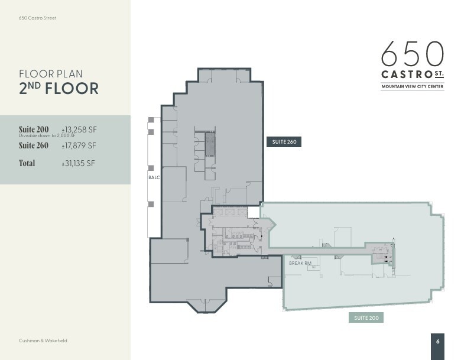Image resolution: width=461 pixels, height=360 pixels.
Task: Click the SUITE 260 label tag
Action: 284,142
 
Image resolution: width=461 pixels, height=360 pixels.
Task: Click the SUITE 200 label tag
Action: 366,318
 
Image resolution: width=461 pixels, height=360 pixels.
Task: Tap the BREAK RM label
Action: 300,263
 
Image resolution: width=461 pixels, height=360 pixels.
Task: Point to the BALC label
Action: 154,177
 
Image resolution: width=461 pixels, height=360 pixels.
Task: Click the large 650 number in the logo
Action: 412,54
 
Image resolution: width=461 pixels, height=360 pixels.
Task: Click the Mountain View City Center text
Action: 412,87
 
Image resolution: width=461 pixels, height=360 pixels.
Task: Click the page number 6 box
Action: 437,341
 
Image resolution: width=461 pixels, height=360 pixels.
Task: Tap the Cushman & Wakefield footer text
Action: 43,340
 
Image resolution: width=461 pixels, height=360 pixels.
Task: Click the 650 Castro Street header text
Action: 38,18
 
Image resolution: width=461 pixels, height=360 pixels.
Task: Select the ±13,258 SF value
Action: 79,129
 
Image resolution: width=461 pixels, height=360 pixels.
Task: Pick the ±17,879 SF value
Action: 79,145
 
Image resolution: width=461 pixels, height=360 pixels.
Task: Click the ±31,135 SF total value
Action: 79,164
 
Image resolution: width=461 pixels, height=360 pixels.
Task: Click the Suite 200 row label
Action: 34,129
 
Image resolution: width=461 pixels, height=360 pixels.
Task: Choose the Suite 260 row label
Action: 34,145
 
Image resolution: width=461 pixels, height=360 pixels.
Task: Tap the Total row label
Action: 27,163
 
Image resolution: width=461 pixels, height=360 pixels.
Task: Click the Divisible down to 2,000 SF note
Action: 47,136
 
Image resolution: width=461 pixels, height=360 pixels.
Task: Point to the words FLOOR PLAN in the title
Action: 51,74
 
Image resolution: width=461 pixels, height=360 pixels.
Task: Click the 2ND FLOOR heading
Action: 59,89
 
